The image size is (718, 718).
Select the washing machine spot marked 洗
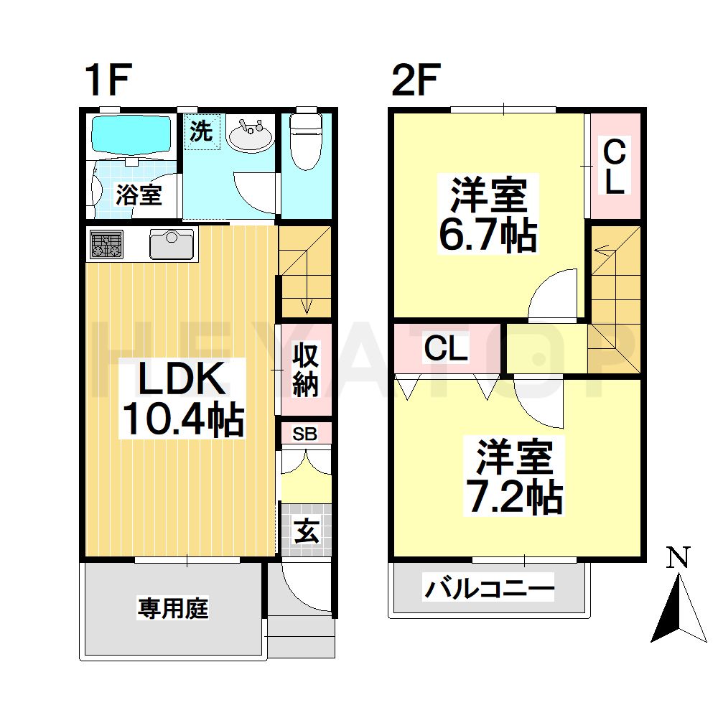pyautogui.click(x=202, y=131)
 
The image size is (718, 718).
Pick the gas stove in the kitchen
pyautogui.click(x=106, y=245)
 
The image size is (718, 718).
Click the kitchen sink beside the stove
pyautogui.click(x=173, y=245)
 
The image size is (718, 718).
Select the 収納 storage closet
pyautogui.click(x=305, y=370)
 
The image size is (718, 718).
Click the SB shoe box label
pyautogui.click(x=305, y=434)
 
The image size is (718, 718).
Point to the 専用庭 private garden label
pyautogui.click(x=173, y=609)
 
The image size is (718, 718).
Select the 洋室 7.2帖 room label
pyautogui.click(x=513, y=477)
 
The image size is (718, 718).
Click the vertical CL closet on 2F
pyautogui.click(x=614, y=167)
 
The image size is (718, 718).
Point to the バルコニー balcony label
pyautogui.click(x=490, y=590)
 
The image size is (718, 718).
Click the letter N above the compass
pyautogui.click(x=678, y=556)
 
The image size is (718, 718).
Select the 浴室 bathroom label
pyautogui.click(x=139, y=195)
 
